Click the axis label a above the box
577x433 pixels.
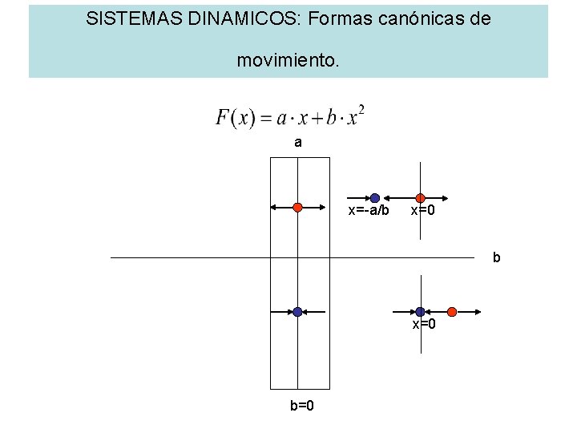[x=298, y=143]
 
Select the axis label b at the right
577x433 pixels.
[x=496, y=258]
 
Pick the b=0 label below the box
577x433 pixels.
[x=301, y=405]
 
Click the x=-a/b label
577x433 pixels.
[x=369, y=212]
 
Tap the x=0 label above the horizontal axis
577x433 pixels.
[x=423, y=212]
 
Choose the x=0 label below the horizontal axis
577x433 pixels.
[x=424, y=324]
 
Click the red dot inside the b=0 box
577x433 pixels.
[x=297, y=207]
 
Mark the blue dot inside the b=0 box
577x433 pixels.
[x=297, y=311]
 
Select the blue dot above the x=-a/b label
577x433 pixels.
[x=375, y=197]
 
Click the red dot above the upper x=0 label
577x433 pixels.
[x=420, y=197]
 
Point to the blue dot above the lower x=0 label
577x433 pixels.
[x=420, y=311]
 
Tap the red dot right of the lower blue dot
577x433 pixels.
[x=452, y=311]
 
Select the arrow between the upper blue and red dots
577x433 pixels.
[x=397, y=197]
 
